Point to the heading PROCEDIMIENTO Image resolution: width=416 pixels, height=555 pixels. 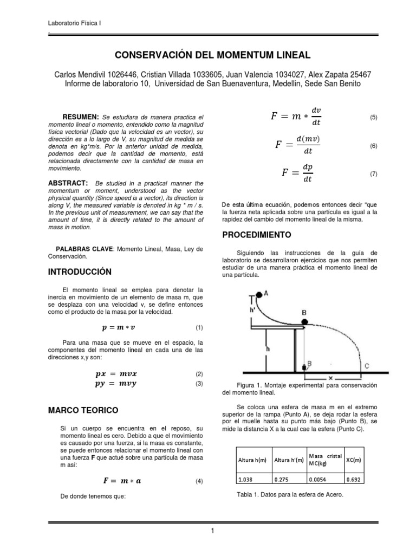click(x=257, y=235)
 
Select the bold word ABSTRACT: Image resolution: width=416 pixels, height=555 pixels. click(x=68, y=183)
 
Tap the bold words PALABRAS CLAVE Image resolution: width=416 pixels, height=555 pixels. click(x=88, y=248)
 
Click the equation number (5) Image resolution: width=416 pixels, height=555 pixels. click(x=373, y=118)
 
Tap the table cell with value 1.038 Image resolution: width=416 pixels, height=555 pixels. click(x=247, y=479)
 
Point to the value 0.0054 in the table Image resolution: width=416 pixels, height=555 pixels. click(x=317, y=479)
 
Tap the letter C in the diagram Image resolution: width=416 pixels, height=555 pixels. click(x=367, y=366)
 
